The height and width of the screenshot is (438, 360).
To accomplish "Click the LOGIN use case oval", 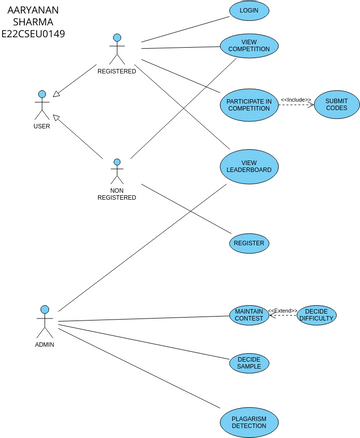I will point(249,11).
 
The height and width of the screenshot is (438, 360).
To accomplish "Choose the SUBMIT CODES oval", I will point(336,106).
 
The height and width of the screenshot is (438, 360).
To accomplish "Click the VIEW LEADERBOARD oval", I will point(248,166).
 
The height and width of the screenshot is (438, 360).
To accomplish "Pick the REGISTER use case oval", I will point(248,243).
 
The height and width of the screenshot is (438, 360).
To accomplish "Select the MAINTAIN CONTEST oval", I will point(248,315).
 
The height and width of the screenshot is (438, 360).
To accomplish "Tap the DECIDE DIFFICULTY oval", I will point(317,315).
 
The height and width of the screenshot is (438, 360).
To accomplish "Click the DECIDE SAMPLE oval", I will point(248,363).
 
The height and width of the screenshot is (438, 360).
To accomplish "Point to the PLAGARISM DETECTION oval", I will point(248,421).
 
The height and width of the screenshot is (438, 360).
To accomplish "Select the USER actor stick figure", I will point(42,105).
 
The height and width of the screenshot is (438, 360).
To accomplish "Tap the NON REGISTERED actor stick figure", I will point(117,170).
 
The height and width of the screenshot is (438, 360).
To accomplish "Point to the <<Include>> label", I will point(295,99).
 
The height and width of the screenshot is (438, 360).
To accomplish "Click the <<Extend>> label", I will point(283,311).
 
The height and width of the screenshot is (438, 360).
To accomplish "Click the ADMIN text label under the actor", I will point(44,344).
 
